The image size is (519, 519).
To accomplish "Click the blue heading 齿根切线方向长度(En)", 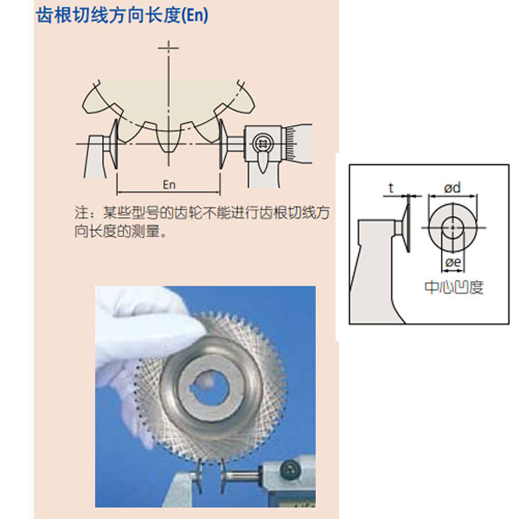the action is click(122, 16).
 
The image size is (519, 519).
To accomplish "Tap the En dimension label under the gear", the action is click(169, 185).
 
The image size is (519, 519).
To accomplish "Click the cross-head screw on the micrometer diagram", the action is click(262, 144).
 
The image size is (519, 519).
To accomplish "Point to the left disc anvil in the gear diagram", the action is click(114, 144).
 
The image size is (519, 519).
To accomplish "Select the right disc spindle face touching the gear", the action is click(222, 144).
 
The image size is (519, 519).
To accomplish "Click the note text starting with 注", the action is click(202, 221).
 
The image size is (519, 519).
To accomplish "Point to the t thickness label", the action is click(391, 188).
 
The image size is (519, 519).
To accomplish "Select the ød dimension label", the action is click(452, 188).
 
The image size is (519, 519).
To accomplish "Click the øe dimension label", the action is click(453, 262).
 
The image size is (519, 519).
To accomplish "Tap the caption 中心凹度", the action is click(454, 287).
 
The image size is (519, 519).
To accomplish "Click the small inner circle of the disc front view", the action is click(452, 227).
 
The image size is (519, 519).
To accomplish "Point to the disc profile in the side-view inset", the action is click(407, 224).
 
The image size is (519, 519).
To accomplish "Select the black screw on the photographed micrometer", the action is click(291, 470).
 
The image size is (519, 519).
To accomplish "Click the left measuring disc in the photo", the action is click(200, 477).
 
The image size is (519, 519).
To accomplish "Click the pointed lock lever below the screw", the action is click(262, 163).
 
